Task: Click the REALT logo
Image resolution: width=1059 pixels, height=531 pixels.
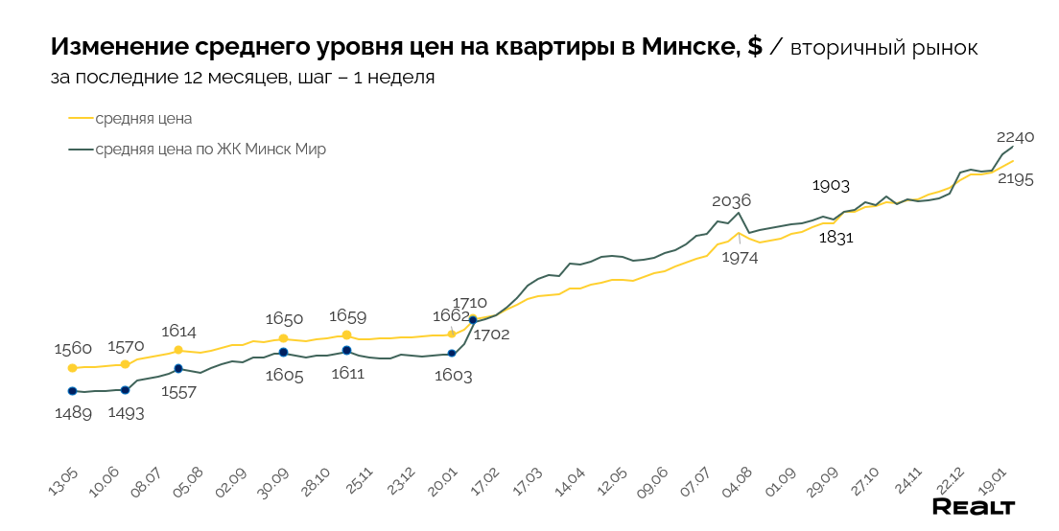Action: click(x=974, y=507)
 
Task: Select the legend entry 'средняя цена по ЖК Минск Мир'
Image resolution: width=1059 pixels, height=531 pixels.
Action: click(x=210, y=150)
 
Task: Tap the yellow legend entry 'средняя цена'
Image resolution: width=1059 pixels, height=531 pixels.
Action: click(x=144, y=119)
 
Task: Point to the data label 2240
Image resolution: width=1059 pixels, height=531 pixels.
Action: click(x=1015, y=137)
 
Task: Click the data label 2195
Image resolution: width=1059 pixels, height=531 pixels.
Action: click(x=1014, y=179)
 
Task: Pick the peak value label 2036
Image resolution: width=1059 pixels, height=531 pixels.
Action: click(x=731, y=200)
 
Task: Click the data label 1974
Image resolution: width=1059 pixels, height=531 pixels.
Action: click(x=740, y=258)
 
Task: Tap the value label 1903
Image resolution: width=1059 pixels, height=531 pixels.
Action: click(x=831, y=186)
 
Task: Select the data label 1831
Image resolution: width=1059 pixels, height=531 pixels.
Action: click(x=835, y=239)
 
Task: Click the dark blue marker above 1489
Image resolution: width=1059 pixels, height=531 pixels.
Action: click(x=72, y=391)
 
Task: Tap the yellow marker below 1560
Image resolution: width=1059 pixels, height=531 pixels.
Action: click(x=72, y=368)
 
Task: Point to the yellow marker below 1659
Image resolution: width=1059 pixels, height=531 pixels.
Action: click(x=346, y=335)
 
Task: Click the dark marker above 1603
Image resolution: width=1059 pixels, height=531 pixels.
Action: click(x=452, y=354)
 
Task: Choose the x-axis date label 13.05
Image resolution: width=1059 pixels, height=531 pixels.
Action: click(x=63, y=485)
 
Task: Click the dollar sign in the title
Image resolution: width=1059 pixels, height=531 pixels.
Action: click(x=755, y=47)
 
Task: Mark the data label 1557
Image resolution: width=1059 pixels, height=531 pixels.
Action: click(x=179, y=391)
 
